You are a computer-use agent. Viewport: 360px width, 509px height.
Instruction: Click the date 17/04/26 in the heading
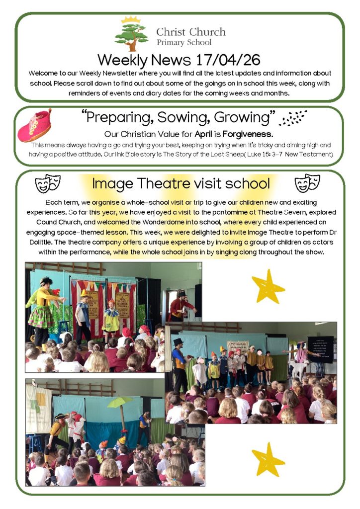coord(228,60)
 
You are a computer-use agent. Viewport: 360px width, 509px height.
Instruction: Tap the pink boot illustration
coord(34,126)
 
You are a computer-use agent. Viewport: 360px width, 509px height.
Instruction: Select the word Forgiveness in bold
coord(248,134)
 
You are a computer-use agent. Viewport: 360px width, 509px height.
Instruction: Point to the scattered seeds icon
coord(293,118)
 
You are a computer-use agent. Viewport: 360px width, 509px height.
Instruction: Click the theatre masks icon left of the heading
coord(48,183)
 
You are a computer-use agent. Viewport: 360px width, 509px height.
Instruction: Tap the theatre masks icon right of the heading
coord(308,183)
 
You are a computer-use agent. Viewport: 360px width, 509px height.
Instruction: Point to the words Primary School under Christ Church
coord(183,42)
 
